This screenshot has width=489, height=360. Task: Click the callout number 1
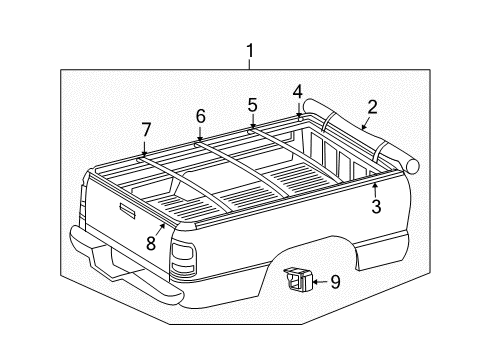point(250,51)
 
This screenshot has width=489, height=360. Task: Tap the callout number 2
point(372,107)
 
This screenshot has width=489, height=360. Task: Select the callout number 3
point(376,207)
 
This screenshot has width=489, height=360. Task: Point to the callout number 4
point(297,91)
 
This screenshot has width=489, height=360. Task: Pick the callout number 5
point(252,104)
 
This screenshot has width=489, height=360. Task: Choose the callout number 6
point(200,116)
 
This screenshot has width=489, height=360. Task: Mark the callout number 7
point(146,129)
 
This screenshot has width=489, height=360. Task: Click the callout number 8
point(151,241)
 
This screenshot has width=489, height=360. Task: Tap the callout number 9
point(335,282)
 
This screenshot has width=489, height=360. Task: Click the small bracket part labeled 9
point(297,280)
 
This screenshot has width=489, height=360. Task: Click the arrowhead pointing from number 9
point(314,282)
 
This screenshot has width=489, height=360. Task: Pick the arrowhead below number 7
point(145,152)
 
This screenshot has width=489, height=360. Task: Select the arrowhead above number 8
point(162,226)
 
